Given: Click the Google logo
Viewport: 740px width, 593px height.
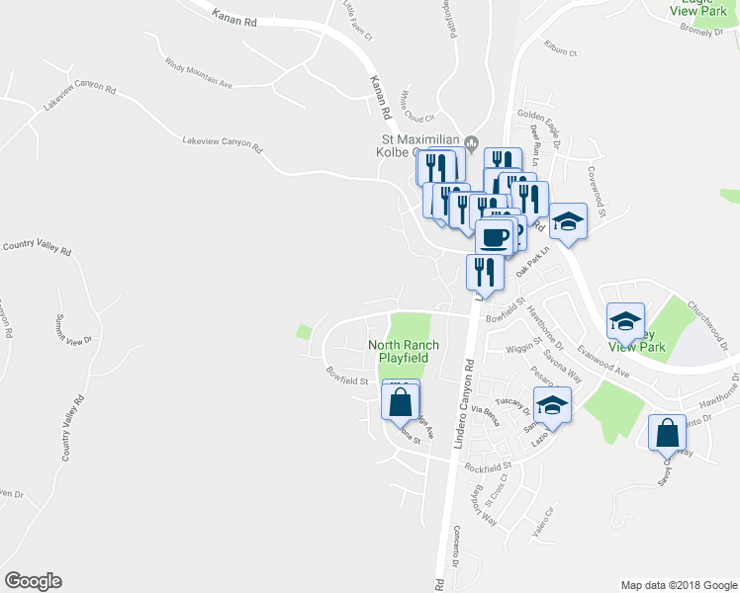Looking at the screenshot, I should tap(33, 581).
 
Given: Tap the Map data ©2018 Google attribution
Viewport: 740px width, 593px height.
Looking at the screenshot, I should tap(678, 585).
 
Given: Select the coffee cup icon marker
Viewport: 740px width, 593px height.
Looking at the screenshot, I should tap(495, 237).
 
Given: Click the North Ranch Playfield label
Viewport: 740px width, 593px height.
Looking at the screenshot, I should tap(404, 351).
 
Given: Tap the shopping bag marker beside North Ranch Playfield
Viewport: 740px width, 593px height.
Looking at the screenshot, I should tap(400, 403).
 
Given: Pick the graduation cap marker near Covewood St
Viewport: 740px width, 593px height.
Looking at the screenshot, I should tap(568, 221).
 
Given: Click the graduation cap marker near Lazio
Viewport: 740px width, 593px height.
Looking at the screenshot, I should tap(553, 405).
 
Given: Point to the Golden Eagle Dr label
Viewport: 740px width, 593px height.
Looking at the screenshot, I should tap(539, 115).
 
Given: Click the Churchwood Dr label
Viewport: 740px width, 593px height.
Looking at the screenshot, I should tap(713, 325).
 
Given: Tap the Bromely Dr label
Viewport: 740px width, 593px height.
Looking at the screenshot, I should tap(703, 31).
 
